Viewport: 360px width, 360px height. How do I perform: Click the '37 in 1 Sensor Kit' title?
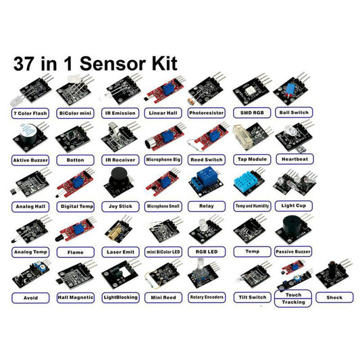(x=95, y=64)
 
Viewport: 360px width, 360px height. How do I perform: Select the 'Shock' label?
(x=334, y=297)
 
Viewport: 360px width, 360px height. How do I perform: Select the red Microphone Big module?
(x=162, y=138)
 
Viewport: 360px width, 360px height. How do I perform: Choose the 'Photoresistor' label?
(x=206, y=113)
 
